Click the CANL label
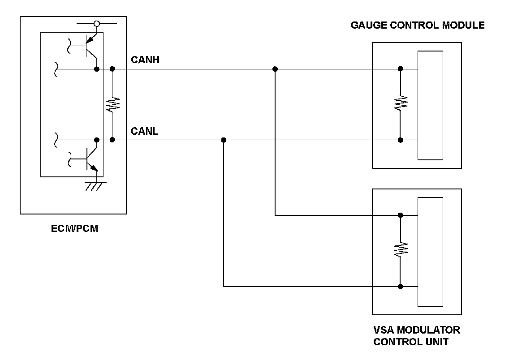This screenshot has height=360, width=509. tap(144, 131)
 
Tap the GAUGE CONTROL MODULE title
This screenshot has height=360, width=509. tap(418, 25)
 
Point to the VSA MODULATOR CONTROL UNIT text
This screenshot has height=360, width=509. tap(416, 336)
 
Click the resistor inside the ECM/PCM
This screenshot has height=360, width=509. tap(112, 105)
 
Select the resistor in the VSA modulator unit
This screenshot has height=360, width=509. tap(400, 250)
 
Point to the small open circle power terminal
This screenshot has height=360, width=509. tap(96, 23)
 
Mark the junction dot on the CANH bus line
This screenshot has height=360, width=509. tap(275, 69)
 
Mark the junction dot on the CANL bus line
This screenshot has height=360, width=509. tap(224, 140)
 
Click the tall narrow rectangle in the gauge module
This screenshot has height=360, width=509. tap(430, 105)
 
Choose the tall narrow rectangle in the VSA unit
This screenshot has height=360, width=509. tap(430, 252)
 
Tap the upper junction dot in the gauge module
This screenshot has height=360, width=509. tap(400, 69)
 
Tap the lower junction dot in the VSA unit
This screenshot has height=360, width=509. tap(400, 286)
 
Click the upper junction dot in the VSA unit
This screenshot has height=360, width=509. tap(400, 215)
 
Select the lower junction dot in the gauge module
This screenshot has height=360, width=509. tap(400, 140)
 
